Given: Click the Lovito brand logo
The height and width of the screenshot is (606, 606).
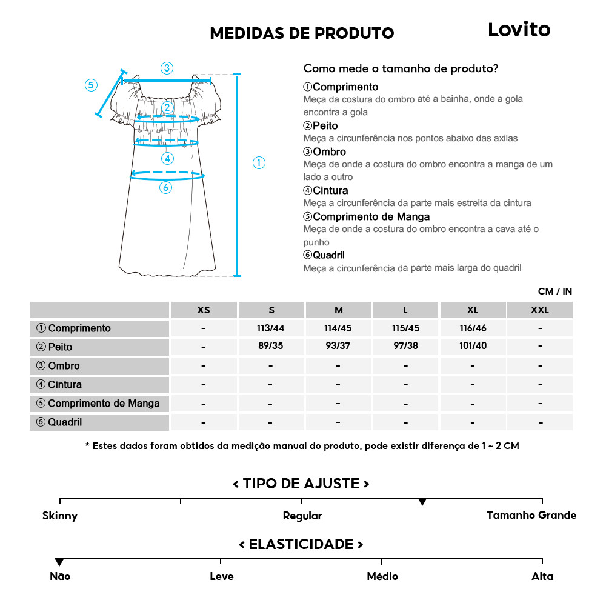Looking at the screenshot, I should (519, 30).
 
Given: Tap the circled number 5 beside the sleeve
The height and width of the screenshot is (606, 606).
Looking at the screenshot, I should (91, 85).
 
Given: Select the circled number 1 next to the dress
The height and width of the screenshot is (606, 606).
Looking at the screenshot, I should (259, 162).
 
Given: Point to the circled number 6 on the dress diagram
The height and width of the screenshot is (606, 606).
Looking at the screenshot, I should (165, 188).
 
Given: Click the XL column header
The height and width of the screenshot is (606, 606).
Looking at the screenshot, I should (473, 310).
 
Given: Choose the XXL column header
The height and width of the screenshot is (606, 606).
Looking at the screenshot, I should (539, 310).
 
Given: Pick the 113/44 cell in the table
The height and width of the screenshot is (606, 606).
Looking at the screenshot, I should (271, 328).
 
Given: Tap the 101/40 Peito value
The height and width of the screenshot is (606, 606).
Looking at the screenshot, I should (473, 347).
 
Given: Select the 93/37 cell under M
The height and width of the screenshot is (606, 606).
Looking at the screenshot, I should (338, 347).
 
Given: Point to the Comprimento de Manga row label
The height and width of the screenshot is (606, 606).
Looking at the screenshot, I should (98, 404).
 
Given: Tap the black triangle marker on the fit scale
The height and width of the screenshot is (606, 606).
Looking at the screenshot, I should (422, 502).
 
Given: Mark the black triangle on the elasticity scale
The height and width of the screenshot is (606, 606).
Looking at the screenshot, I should (59, 563).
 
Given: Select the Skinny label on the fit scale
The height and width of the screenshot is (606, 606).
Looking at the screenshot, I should (60, 516).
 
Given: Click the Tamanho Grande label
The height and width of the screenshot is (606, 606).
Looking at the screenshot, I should (531, 515).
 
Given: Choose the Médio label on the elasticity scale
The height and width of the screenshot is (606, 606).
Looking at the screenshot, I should (382, 576).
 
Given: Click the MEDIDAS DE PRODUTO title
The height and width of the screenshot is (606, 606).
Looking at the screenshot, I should (302, 33).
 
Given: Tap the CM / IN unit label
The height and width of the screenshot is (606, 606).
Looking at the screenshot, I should (554, 291).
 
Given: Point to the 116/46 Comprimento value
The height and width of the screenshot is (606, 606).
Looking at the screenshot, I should (473, 328).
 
